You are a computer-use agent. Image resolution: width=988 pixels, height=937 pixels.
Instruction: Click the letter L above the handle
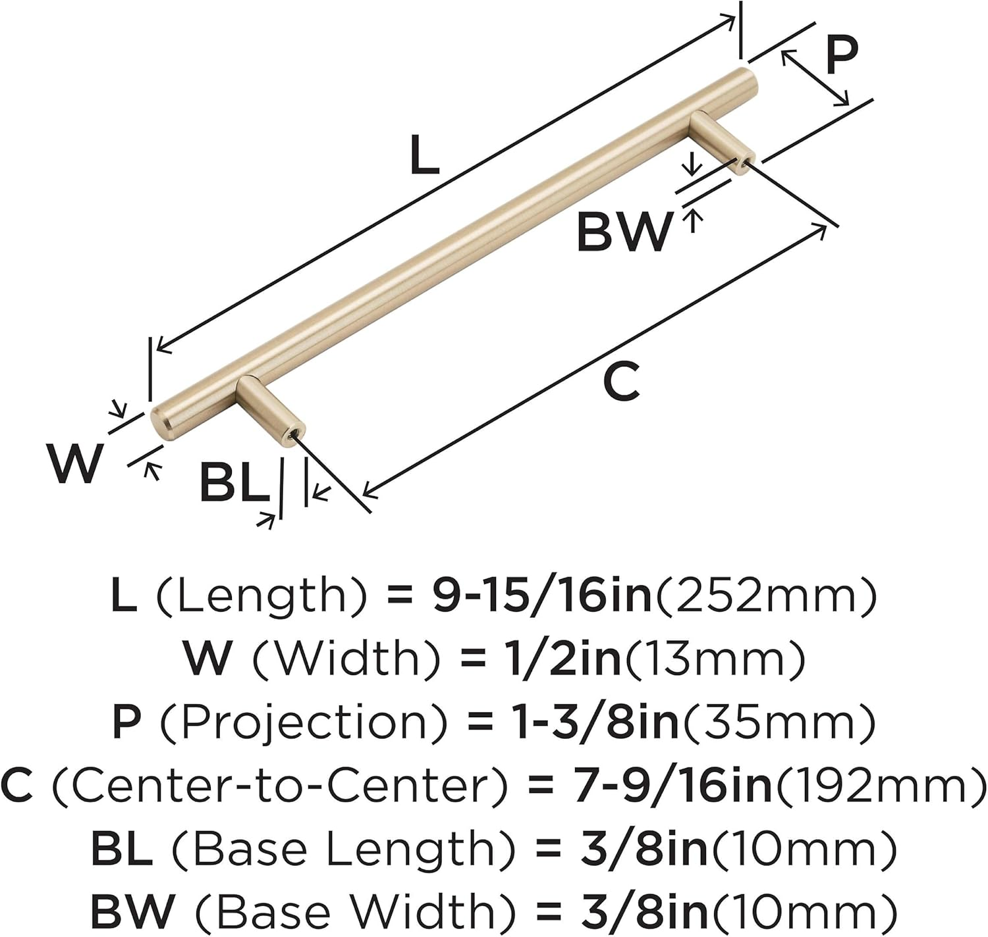click(x=424, y=155)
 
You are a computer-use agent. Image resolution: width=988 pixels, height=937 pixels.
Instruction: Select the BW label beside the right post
click(x=624, y=232)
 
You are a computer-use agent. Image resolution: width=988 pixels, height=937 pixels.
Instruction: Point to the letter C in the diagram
click(x=621, y=382)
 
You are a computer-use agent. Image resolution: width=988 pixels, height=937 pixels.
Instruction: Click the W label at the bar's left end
click(x=75, y=463)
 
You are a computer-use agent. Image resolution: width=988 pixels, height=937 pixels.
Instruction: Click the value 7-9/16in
click(x=672, y=785)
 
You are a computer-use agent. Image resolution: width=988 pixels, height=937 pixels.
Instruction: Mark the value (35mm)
click(x=780, y=722)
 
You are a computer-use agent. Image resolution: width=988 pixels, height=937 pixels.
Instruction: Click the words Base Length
click(x=343, y=848)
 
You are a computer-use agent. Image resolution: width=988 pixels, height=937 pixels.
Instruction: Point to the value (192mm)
click(x=879, y=785)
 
